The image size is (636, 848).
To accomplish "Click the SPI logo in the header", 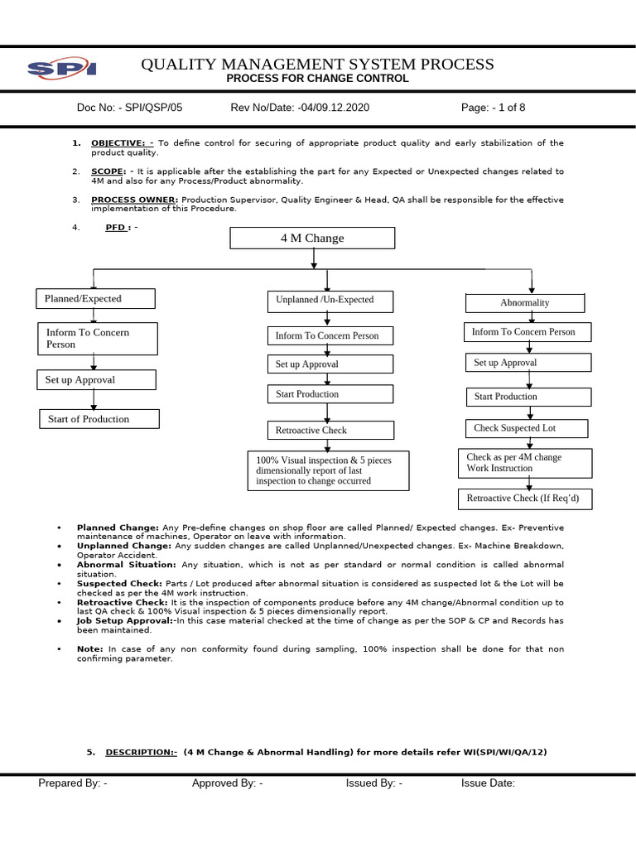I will coord(62,69).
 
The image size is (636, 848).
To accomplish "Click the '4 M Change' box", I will coord(312,238).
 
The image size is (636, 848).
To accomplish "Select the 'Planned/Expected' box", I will coord(95,299).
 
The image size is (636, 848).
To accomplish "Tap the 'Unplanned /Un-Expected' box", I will coord(329,301).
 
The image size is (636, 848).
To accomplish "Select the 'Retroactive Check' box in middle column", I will coord(330,431).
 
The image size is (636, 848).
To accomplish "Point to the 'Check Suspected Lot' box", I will coord(527,428).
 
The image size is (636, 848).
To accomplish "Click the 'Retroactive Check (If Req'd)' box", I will coord(528,499).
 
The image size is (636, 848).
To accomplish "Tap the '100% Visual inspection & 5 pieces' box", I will coord(329,470).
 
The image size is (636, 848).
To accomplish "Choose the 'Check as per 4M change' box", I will coord(525,463).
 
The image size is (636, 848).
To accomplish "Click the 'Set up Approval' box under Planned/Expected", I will coord(96,380).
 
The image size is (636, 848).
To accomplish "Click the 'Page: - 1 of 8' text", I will coord(494,108).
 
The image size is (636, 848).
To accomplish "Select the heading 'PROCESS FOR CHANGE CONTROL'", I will coord(318,79).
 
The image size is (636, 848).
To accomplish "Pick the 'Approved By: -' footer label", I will coord(228,783).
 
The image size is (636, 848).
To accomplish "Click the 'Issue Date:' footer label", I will coord(488,783).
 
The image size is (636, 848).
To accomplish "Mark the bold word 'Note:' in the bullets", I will coord(90,649).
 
